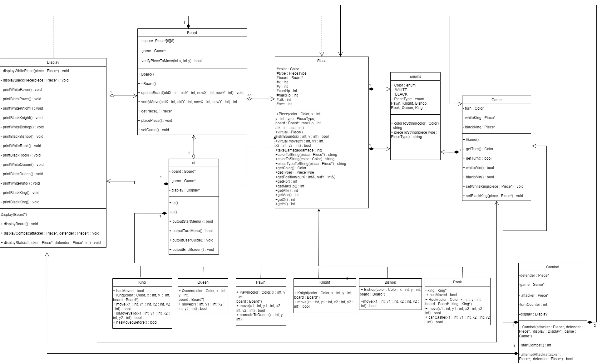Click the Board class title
click(192, 33)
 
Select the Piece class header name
click(321, 61)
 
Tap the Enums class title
click(415, 77)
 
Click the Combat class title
click(552, 267)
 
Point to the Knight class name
click(324, 282)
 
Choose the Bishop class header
click(390, 282)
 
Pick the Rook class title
click(457, 282)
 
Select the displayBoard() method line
click(21, 224)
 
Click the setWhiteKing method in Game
click(494, 186)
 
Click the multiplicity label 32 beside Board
click(249, 95)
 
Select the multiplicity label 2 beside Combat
click(595, 326)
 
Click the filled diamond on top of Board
click(188, 26)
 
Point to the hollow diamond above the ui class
click(194, 156)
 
